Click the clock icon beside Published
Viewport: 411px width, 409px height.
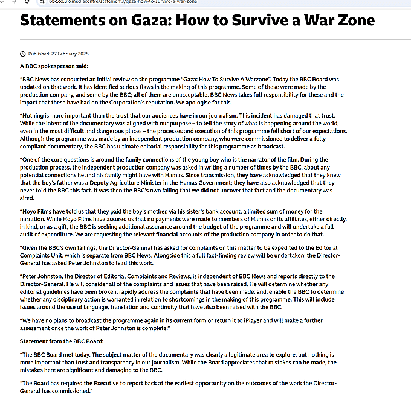click(23, 53)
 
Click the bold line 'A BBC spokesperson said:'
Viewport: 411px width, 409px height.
click(54, 66)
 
